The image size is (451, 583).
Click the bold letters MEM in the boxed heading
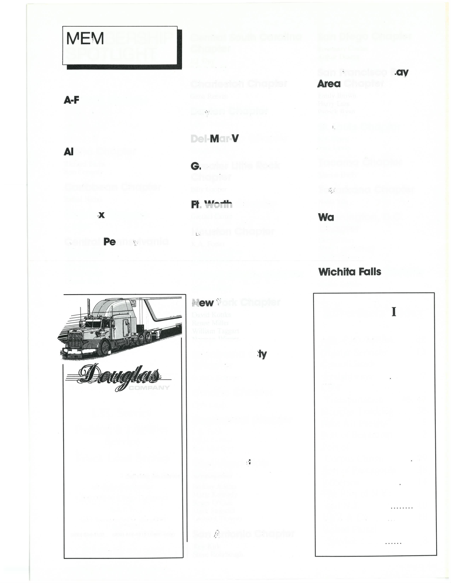pyautogui.click(x=85, y=39)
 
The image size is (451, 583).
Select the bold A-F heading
pyautogui.click(x=71, y=100)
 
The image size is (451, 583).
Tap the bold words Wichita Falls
pyautogui.click(x=349, y=272)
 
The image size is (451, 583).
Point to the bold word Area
pyautogui.click(x=329, y=84)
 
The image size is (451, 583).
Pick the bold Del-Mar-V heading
pyautogui.click(x=215, y=139)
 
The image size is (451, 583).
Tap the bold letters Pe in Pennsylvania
pyautogui.click(x=109, y=242)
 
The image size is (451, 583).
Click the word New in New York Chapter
pyautogui.click(x=203, y=303)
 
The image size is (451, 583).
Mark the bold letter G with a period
pyautogui.click(x=196, y=166)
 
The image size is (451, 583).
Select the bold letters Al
pyautogui.click(x=68, y=152)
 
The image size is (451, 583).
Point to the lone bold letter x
pyautogui.click(x=101, y=215)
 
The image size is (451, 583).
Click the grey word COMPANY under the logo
pyautogui.click(x=149, y=388)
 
